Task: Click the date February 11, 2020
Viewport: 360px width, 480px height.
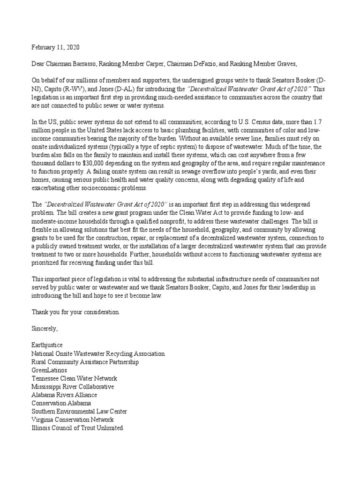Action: click(x=56, y=47)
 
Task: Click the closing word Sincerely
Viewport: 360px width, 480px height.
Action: click(x=45, y=329)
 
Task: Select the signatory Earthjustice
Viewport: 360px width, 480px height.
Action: click(x=47, y=345)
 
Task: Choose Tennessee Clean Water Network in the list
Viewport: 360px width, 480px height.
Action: click(x=75, y=378)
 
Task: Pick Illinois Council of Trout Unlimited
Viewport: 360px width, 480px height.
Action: click(x=77, y=428)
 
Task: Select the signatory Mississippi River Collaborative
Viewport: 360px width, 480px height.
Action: click(x=73, y=387)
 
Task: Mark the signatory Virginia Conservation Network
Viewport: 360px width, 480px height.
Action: click(x=73, y=420)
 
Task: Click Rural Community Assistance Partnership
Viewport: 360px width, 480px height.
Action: click(x=85, y=362)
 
